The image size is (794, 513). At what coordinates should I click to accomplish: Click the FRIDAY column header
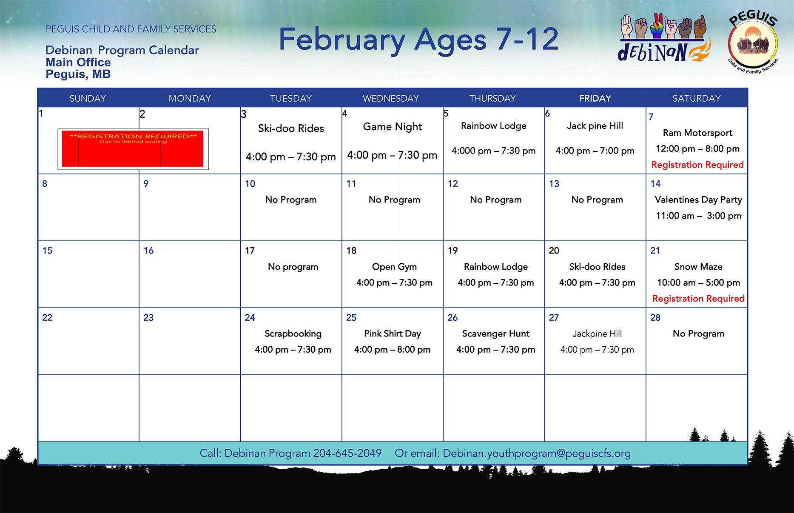pos(595,98)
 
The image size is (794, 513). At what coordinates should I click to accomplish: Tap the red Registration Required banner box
pos(133,149)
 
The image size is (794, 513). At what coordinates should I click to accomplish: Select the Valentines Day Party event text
pos(698,199)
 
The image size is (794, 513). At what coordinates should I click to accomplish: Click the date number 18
pos(351,251)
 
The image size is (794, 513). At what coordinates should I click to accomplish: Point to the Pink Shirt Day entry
pos(392,333)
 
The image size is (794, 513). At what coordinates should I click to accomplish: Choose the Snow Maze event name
pos(698,267)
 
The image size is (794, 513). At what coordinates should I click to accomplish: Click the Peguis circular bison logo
pos(753,43)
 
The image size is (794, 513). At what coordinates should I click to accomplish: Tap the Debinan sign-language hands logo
pos(663,37)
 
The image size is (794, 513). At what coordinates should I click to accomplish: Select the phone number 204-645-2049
pos(347,453)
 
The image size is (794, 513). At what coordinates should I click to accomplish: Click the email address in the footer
pos(536,453)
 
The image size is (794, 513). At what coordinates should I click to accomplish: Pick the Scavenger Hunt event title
pos(495,333)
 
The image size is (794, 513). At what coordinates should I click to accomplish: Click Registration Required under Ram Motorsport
pos(697,165)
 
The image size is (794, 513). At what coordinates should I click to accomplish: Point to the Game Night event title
pos(392,127)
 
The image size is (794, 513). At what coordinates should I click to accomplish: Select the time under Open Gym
pos(394,283)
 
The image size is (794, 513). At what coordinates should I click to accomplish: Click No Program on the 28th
pos(698,333)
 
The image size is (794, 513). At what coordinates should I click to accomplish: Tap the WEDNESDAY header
pos(390,98)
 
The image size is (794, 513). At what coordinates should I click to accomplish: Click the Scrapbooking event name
pos(293,333)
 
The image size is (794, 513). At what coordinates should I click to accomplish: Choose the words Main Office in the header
pos(78,63)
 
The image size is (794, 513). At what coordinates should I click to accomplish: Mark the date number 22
pos(47,317)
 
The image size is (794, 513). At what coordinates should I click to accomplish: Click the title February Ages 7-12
pos(418,40)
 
